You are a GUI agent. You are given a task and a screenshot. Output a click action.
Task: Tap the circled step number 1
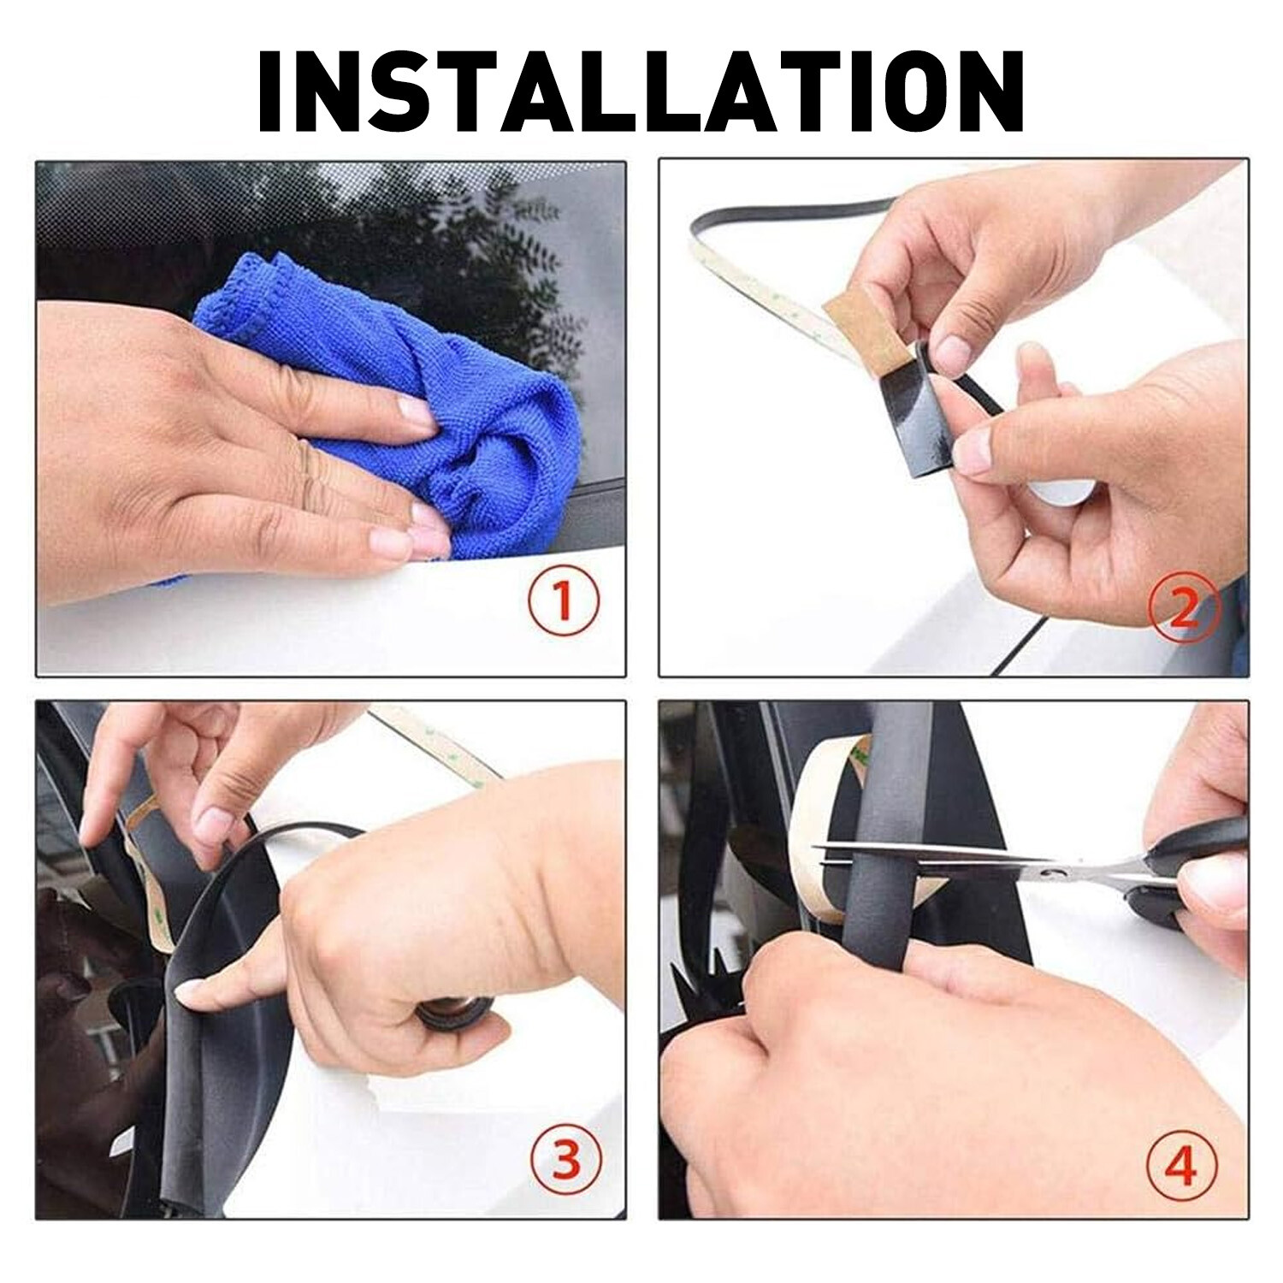click(x=563, y=602)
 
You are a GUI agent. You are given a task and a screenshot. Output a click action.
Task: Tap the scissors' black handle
click(x=1197, y=872)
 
